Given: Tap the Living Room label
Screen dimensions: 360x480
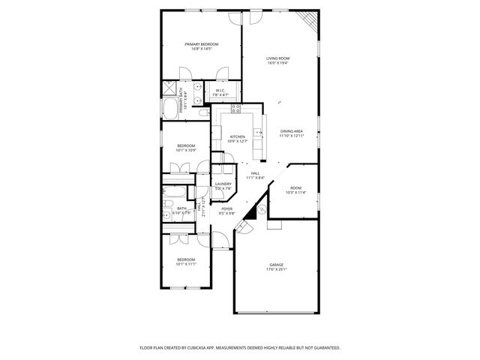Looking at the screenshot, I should tap(278, 61).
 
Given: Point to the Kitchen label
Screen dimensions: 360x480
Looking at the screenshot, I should tap(237, 139).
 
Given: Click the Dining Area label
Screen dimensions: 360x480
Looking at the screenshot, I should tap(292, 133).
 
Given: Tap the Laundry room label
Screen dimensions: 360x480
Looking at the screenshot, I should tap(223, 186).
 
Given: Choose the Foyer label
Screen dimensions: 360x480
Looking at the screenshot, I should tap(226, 211).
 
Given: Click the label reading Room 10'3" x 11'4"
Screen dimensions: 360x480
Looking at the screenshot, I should tap(296, 190).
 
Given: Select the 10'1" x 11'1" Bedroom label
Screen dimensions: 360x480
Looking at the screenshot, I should tap(186, 262).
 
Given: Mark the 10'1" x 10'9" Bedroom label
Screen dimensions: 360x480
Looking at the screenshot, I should tap(186, 148).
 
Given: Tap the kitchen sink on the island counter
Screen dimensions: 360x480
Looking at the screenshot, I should tap(259, 133).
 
